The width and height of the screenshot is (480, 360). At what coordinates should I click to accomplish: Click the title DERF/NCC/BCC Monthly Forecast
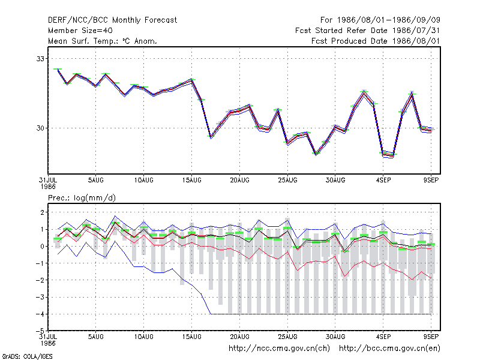tap(112, 20)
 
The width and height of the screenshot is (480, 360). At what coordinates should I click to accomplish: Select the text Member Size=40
tap(80, 31)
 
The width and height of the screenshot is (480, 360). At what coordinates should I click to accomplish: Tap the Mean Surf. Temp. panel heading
tap(103, 41)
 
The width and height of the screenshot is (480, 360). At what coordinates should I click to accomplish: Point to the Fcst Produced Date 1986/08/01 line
tap(376, 41)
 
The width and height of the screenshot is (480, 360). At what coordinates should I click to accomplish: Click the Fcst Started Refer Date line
tap(368, 31)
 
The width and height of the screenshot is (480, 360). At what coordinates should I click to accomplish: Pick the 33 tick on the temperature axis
tap(40, 58)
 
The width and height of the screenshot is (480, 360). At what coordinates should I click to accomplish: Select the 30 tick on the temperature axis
tap(40, 128)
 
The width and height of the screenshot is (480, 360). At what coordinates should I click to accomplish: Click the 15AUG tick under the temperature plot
tap(191, 180)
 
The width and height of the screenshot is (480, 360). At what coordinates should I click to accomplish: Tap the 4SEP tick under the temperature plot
tap(383, 180)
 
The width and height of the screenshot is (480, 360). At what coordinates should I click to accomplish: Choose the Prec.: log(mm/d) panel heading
tap(82, 198)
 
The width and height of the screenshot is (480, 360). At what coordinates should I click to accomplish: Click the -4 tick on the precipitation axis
tap(40, 314)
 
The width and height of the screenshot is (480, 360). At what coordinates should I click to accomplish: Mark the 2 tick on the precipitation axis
tap(42, 212)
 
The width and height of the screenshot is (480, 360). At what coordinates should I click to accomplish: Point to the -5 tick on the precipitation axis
tap(40, 331)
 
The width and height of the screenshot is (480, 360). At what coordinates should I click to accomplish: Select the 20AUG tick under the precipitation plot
tap(239, 337)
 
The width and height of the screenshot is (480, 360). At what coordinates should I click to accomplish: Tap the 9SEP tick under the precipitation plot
tap(431, 337)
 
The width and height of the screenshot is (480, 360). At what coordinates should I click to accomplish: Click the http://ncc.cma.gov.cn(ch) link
tap(279, 349)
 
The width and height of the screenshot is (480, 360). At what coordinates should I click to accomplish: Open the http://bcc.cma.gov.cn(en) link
tap(389, 349)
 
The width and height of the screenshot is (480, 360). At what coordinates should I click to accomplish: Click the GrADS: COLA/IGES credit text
tap(27, 356)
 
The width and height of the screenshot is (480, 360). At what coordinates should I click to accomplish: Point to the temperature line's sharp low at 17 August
tap(211, 137)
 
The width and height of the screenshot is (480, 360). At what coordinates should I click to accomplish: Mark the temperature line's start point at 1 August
tap(58, 70)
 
